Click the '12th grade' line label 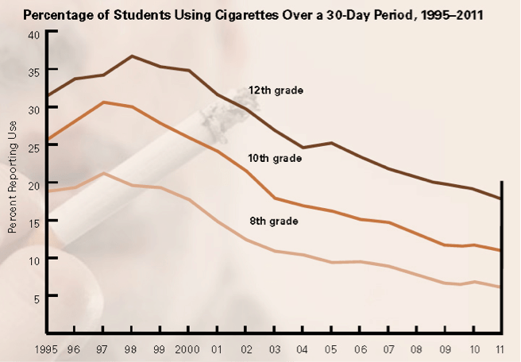276,90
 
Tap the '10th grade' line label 275,159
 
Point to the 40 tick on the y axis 33,35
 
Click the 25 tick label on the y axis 33,147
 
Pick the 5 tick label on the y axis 36,297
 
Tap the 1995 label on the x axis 48,349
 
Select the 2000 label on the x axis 188,349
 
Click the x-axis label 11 500,349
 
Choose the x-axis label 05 330,349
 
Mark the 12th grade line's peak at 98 132,56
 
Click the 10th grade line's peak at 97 103,102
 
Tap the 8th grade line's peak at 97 103,173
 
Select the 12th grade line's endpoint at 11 500,199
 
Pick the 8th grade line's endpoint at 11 500,287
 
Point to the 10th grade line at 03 274,198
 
